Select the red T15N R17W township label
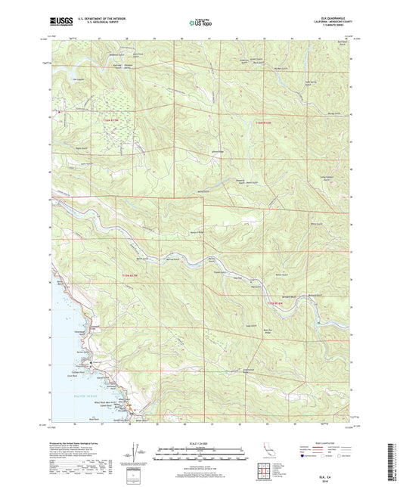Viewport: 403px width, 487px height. [x=111, y=120]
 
